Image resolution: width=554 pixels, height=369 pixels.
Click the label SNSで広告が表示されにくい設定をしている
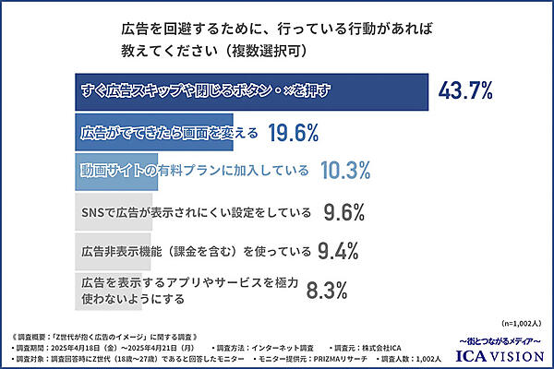[195, 212]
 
